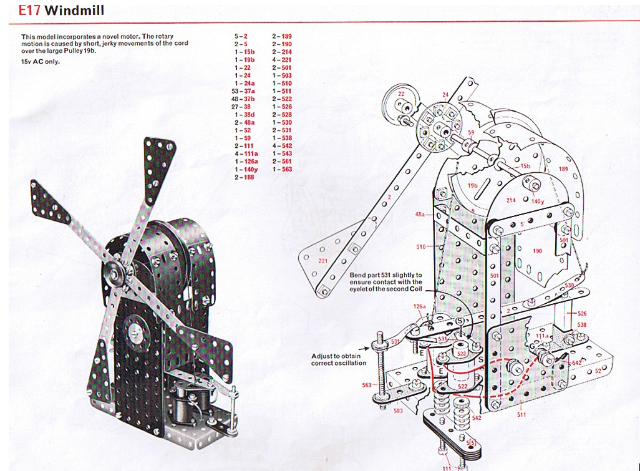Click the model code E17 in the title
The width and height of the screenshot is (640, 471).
point(29,10)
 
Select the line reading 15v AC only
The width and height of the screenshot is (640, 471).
point(41,61)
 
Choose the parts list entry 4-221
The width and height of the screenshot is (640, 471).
point(281,60)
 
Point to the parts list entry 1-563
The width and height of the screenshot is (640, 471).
point(282,170)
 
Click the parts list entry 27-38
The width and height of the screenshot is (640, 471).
point(242,107)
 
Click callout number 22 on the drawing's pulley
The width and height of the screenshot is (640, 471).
point(401,94)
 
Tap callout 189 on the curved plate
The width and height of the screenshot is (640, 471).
point(563,169)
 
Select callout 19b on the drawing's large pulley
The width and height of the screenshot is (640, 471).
point(472,185)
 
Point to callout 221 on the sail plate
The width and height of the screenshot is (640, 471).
point(322,260)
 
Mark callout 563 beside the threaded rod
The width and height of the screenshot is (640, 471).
point(367,385)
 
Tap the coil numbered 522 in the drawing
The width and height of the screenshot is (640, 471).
point(462,387)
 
